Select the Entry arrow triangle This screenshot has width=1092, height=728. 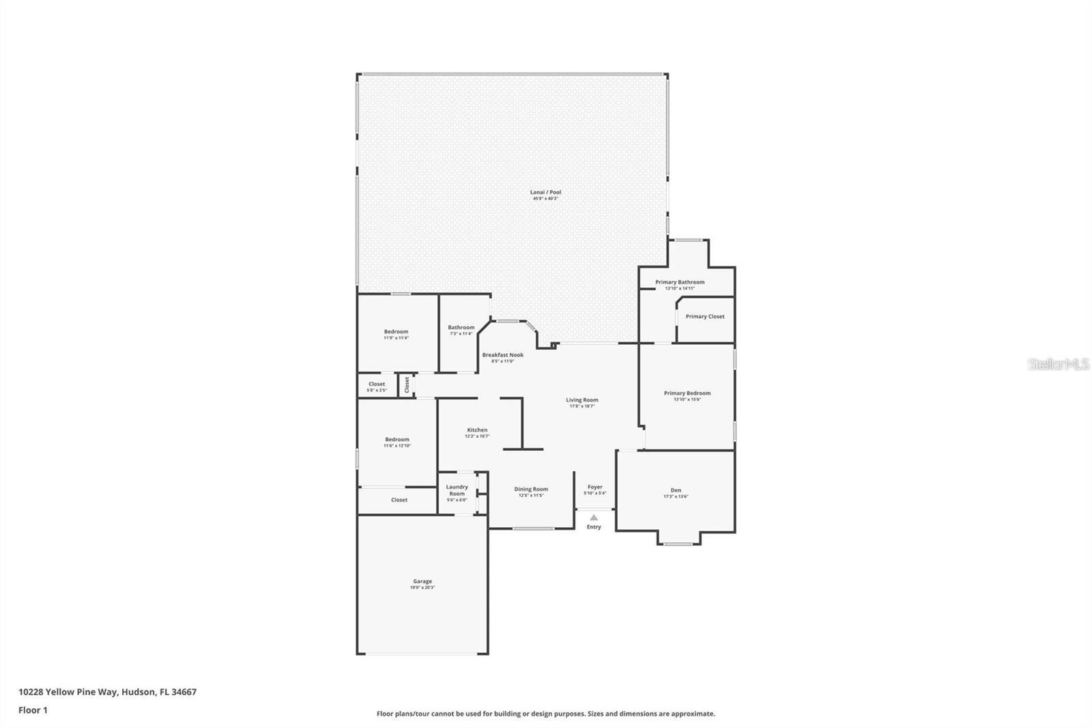(594, 518)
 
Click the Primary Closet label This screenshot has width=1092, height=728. (705, 317)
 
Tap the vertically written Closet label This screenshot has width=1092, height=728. (407, 384)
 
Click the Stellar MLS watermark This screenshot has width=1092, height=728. (1059, 365)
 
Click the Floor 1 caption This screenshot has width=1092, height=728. (33, 710)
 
